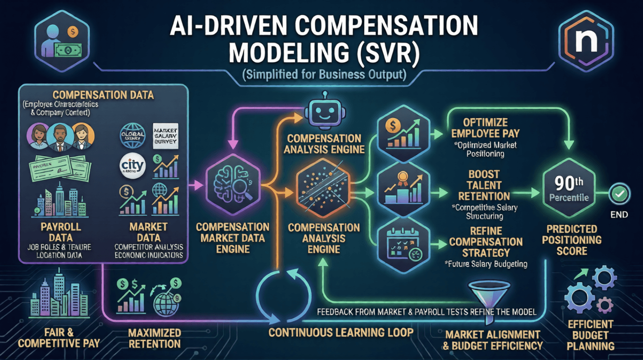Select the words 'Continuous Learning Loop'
341,332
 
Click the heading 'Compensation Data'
103,95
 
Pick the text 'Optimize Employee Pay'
485,127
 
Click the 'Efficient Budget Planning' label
591,335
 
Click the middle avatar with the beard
59,137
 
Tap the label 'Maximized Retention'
154,338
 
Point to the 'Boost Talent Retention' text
484,185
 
